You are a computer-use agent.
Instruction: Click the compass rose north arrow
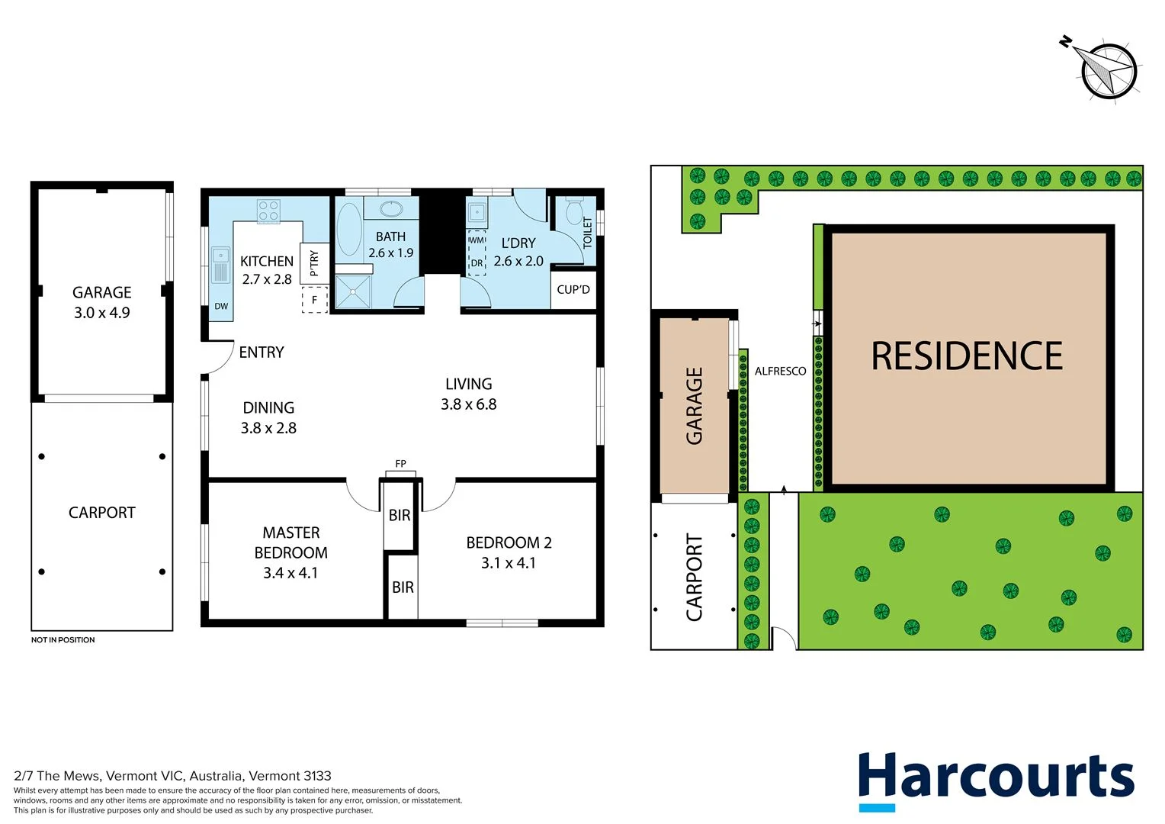(x=1107, y=70)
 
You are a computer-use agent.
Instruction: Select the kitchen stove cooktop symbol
(x=268, y=211)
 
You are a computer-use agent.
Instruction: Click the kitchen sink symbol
(x=220, y=265)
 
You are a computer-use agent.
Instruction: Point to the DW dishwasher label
(x=221, y=306)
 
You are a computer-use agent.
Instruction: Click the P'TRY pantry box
(x=314, y=263)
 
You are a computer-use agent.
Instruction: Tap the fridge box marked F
(x=314, y=300)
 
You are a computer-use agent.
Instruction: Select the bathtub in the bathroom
(x=349, y=228)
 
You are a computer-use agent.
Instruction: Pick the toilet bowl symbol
(x=575, y=211)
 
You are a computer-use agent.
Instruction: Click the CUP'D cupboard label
(x=573, y=289)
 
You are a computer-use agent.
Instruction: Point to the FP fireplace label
(x=400, y=464)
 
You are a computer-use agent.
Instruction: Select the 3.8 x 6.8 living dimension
(x=468, y=404)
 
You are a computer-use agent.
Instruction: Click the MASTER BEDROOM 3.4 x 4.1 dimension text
(x=290, y=573)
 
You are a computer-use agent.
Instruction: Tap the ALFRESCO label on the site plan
(x=780, y=371)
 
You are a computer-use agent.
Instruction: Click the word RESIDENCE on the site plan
(x=967, y=356)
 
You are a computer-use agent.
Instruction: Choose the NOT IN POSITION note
(x=63, y=640)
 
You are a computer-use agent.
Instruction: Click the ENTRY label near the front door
(x=261, y=352)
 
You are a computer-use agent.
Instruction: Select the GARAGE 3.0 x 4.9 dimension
(x=101, y=313)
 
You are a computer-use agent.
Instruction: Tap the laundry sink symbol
(x=477, y=211)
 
